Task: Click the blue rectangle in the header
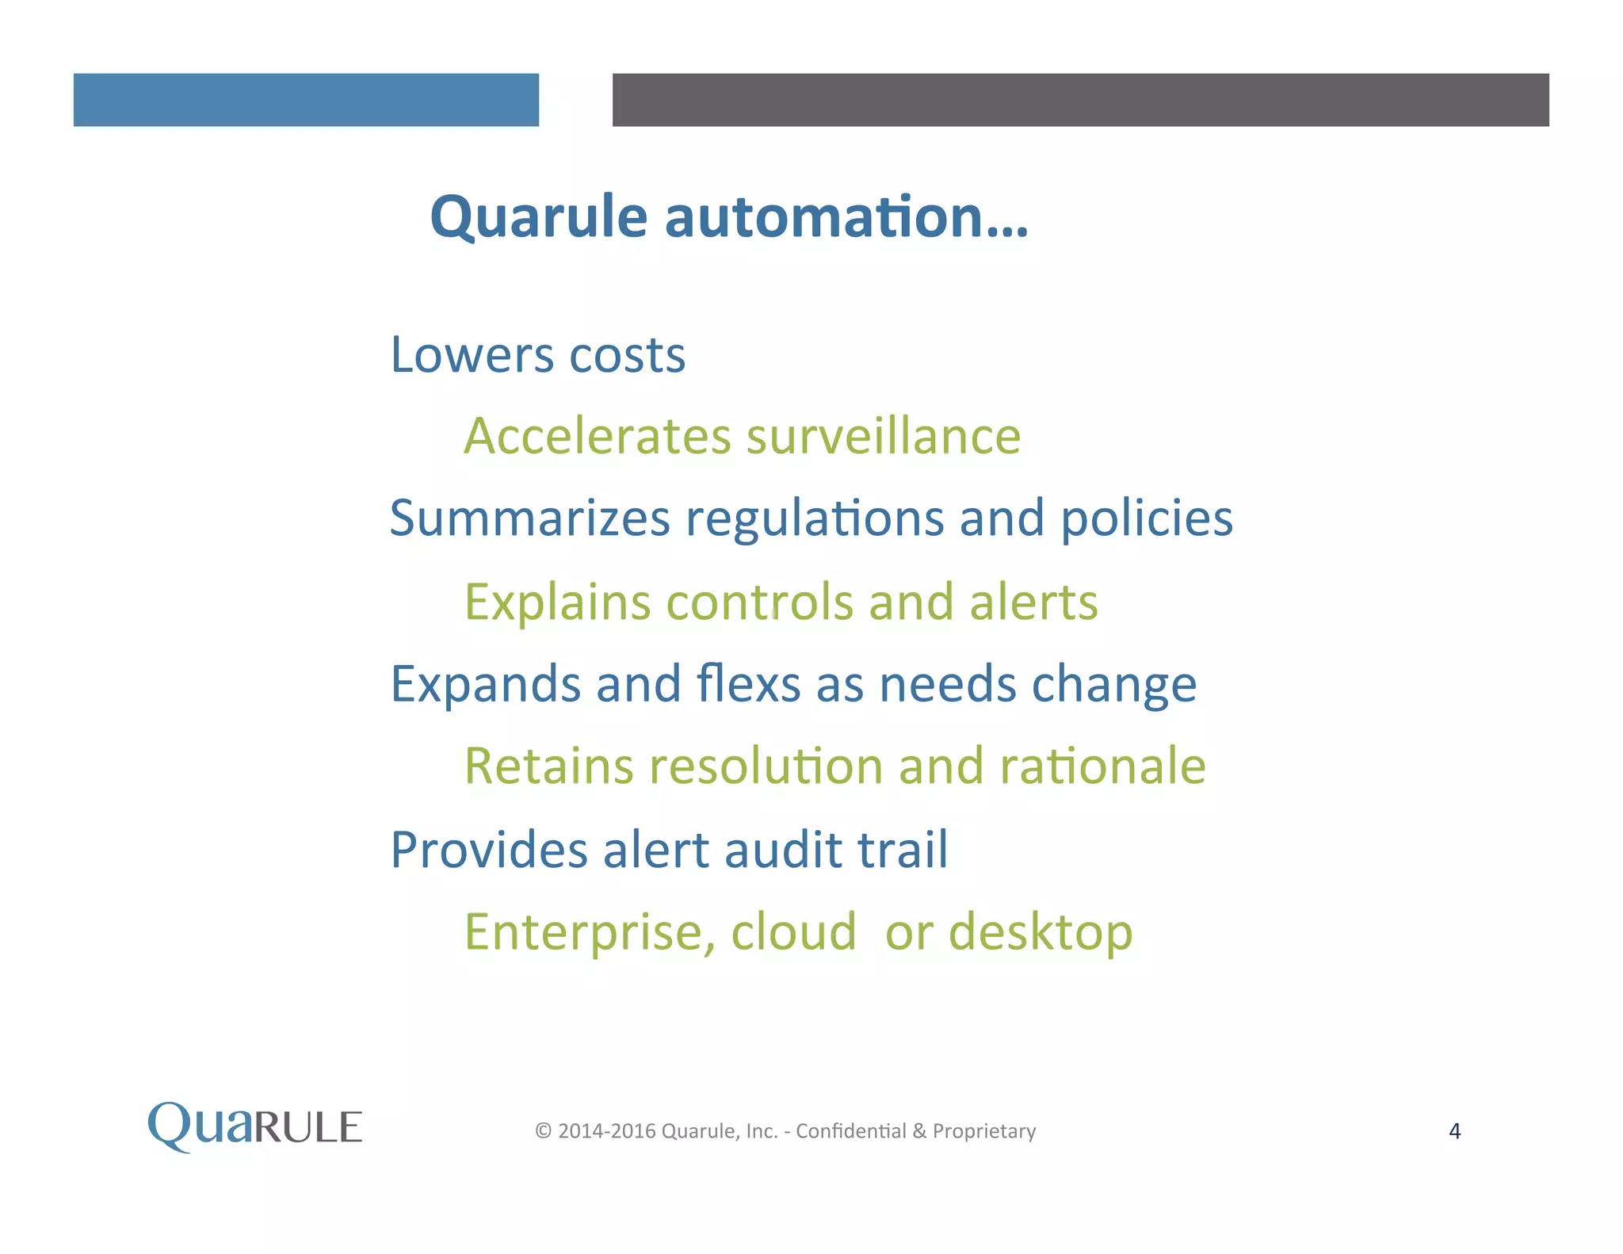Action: point(306,100)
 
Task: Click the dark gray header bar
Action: point(1080,100)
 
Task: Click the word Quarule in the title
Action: point(538,217)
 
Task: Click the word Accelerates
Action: point(597,437)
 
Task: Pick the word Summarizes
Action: point(529,518)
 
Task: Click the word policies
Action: point(1146,518)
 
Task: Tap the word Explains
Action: point(556,602)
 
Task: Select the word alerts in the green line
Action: point(1033,602)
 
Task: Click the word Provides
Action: point(488,850)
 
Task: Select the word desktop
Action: point(1040,932)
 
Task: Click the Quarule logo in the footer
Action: point(255,1126)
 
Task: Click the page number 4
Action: point(1454,1131)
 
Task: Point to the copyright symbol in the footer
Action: point(543,1131)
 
